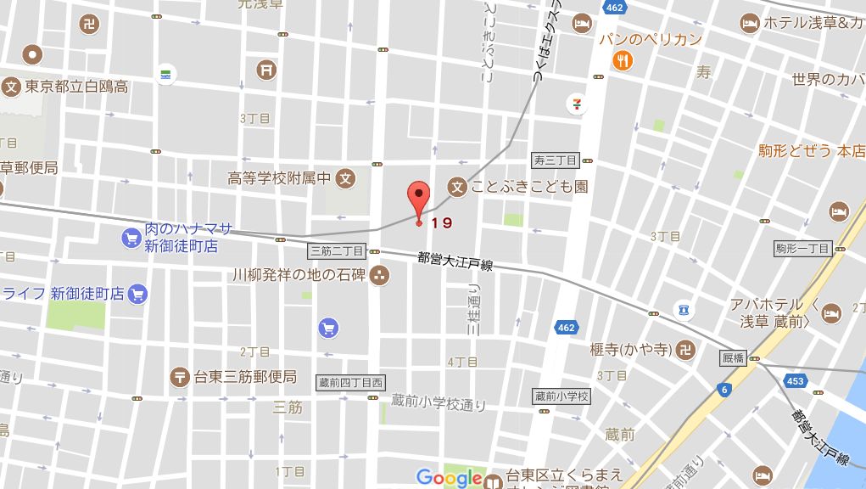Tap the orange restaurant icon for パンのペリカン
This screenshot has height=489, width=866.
click(623, 60)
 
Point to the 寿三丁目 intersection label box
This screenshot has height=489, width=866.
click(555, 160)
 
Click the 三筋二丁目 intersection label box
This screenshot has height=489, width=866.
click(336, 251)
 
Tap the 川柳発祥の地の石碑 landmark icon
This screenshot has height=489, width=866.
click(378, 275)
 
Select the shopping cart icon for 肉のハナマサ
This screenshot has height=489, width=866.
click(130, 238)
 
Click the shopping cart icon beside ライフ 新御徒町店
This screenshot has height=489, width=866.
click(138, 294)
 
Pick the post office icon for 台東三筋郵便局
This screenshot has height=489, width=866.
click(179, 376)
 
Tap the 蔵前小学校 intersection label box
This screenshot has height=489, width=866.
click(562, 396)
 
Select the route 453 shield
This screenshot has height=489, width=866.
click(795, 381)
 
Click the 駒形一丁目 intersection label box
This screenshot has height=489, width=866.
click(802, 249)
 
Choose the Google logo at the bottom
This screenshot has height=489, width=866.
click(450, 478)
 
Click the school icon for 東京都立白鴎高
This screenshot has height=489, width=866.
click(11, 86)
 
